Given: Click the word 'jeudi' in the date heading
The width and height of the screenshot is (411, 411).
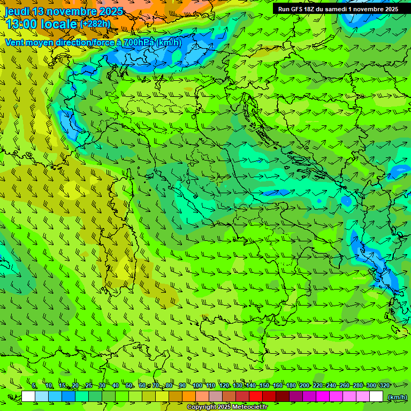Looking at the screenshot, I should coord(18,11).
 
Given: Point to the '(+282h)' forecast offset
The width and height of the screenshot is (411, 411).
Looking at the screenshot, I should coord(95,24).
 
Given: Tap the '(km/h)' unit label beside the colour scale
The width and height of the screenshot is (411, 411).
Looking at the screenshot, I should coord(397,397).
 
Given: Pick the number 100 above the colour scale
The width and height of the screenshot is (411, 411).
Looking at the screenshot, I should coord(197,385).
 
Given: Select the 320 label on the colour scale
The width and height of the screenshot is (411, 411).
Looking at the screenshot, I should coord(384,385).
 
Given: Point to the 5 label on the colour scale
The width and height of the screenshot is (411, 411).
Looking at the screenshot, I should coord(34,385).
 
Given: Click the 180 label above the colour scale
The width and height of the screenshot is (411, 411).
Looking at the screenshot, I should coord(291,385).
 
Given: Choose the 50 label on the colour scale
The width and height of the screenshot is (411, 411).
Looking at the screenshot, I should coord(129,385).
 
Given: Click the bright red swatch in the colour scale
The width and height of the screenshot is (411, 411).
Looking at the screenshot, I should coord(256,397).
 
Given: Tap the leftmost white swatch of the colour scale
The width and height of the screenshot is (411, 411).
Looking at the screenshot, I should coord(28,397).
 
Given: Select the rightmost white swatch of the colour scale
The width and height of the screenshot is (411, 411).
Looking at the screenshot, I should coord(376,397).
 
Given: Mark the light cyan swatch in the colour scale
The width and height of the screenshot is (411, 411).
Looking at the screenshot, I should coord(42,397).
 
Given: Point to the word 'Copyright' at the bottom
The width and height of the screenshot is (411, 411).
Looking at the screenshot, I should coord(202,407).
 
